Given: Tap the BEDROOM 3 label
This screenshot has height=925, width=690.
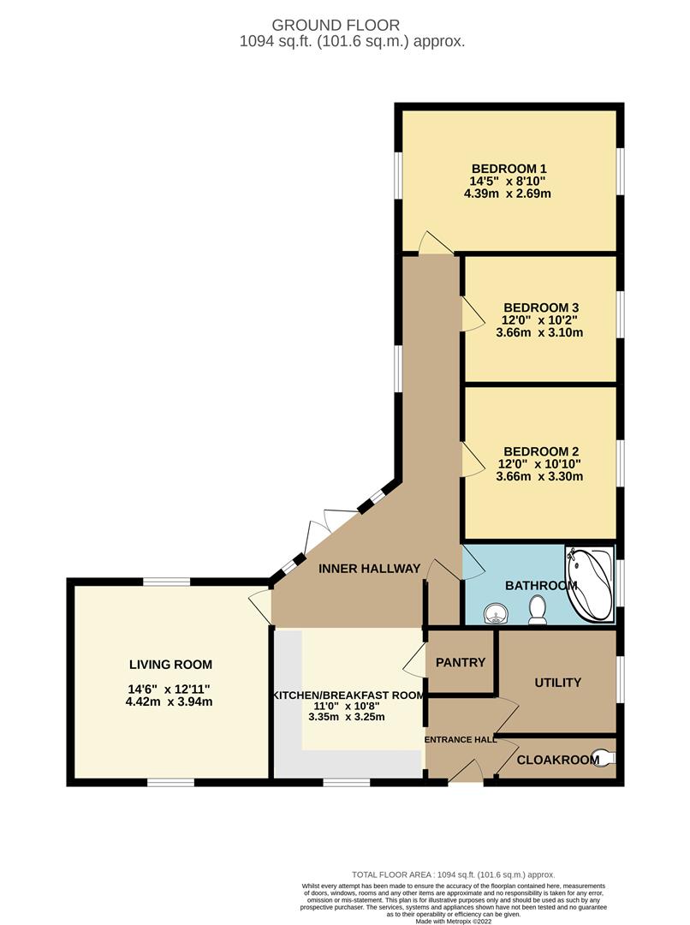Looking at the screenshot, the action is point(541,307).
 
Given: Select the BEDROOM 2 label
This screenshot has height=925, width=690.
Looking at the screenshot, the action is point(541,451).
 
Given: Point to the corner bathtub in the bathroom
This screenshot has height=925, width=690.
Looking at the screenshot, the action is point(590,583).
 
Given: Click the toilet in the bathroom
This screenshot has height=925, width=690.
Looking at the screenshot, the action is point(538,610).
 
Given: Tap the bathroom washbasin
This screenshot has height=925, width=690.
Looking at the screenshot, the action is point(494,615).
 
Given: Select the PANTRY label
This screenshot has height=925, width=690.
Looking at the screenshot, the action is point(461,662).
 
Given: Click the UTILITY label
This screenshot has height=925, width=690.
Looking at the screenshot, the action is point(558,683).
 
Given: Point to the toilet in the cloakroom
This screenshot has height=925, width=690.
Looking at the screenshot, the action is point(604,757).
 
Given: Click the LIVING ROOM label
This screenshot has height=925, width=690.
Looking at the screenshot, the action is point(170,665).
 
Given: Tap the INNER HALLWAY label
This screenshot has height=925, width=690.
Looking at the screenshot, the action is point(369,568).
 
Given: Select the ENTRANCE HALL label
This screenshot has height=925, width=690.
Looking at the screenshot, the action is point(461,739).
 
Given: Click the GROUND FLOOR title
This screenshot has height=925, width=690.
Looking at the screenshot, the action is point(336,25).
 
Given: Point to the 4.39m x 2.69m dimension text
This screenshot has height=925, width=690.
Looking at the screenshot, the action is point(508,194).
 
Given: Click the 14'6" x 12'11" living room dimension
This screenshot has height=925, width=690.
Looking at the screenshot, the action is point(170,689).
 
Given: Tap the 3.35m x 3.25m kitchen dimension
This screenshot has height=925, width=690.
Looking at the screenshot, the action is point(347,717).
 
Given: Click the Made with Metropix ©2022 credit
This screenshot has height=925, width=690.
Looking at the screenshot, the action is point(454,920).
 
